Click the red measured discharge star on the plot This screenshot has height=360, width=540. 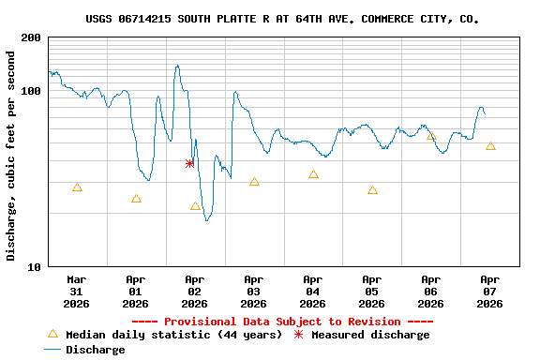[189, 163]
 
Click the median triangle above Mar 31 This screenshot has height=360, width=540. [77, 187]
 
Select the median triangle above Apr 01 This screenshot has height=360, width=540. [136, 199]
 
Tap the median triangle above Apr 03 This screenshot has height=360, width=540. [254, 182]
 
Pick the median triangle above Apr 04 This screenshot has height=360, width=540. [313, 174]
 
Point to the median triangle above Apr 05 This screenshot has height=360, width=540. [372, 190]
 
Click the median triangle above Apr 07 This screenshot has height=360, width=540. [490, 146]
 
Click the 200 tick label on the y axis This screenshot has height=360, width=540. [31, 37]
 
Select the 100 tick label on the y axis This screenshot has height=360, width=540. [31, 91]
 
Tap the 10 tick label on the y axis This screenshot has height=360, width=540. [34, 267]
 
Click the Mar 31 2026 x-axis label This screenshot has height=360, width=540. [77, 292]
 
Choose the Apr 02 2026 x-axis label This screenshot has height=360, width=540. [194, 292]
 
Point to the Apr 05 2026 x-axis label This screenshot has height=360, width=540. [371, 292]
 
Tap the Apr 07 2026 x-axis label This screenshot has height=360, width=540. [489, 292]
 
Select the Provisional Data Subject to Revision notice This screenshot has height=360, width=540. [282, 322]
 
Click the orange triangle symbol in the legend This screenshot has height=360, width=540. [52, 335]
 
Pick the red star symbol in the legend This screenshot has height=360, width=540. [299, 335]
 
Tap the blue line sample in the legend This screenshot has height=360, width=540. [52, 350]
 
